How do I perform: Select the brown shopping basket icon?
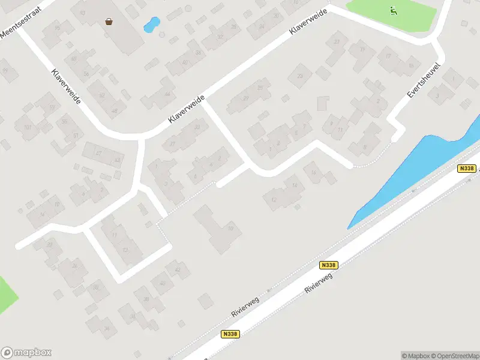pos(109,22)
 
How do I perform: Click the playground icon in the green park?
pos(394,10)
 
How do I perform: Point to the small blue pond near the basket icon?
pos(151,25)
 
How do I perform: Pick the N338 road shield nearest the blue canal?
pos(466,169)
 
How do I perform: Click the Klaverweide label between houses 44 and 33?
pos(187,109)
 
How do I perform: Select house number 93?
pos(82,13)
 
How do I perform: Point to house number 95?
pos(58,28)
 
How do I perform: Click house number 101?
pos(27,127)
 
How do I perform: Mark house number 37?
pos(173,143)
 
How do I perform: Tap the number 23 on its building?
pos(300,76)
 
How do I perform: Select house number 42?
pos(177,270)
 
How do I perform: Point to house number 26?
pos(74,265)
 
